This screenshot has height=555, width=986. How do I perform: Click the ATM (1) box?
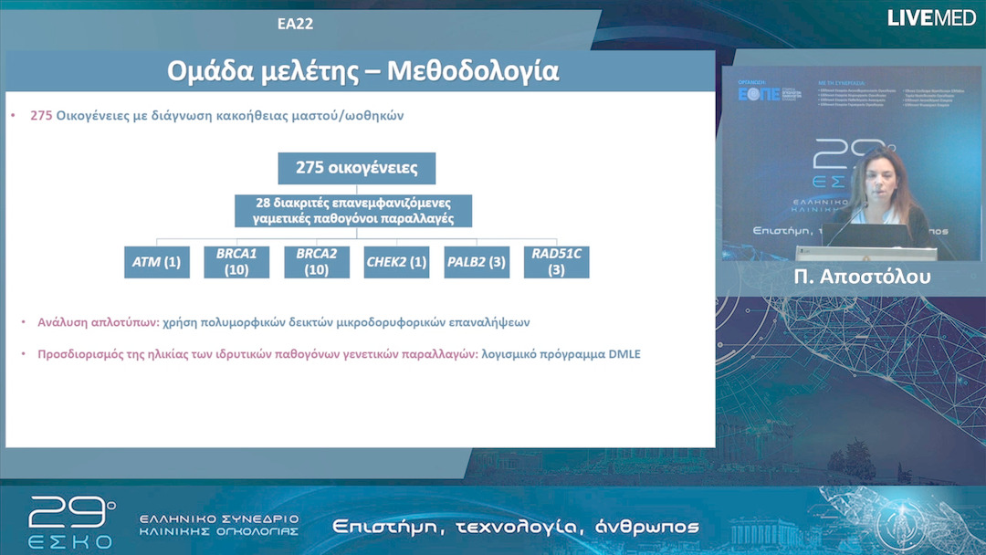pyautogui.click(x=157, y=262)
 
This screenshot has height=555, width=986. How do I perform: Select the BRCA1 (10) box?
pyautogui.click(x=236, y=262)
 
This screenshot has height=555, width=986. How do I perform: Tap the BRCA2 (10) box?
pyautogui.click(x=316, y=262)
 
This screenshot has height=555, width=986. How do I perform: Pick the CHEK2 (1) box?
pyautogui.click(x=396, y=262)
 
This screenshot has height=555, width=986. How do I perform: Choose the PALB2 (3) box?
pyautogui.click(x=476, y=262)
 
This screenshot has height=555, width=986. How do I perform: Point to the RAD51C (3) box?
pyautogui.click(x=556, y=262)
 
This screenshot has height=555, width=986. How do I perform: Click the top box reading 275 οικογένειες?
pyautogui.click(x=356, y=168)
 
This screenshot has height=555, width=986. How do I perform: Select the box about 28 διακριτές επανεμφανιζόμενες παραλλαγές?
pyautogui.click(x=353, y=211)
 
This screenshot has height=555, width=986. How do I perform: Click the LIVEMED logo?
pyautogui.click(x=931, y=17)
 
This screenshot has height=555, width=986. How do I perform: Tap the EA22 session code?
pyautogui.click(x=295, y=24)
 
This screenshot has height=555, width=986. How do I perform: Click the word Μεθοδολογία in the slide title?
pyautogui.click(x=473, y=71)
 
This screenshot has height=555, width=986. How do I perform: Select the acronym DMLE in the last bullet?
pyautogui.click(x=624, y=354)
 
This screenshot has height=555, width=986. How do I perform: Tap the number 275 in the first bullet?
pyautogui.click(x=41, y=116)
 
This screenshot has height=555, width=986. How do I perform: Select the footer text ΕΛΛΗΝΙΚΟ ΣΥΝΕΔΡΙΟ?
pyautogui.click(x=219, y=518)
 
